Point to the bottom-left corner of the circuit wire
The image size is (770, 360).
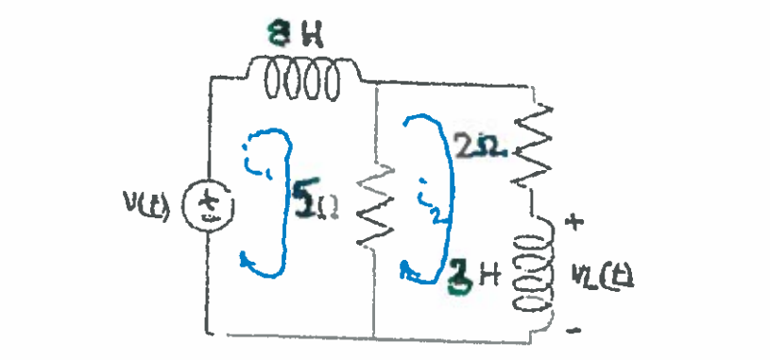[x=206, y=333]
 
